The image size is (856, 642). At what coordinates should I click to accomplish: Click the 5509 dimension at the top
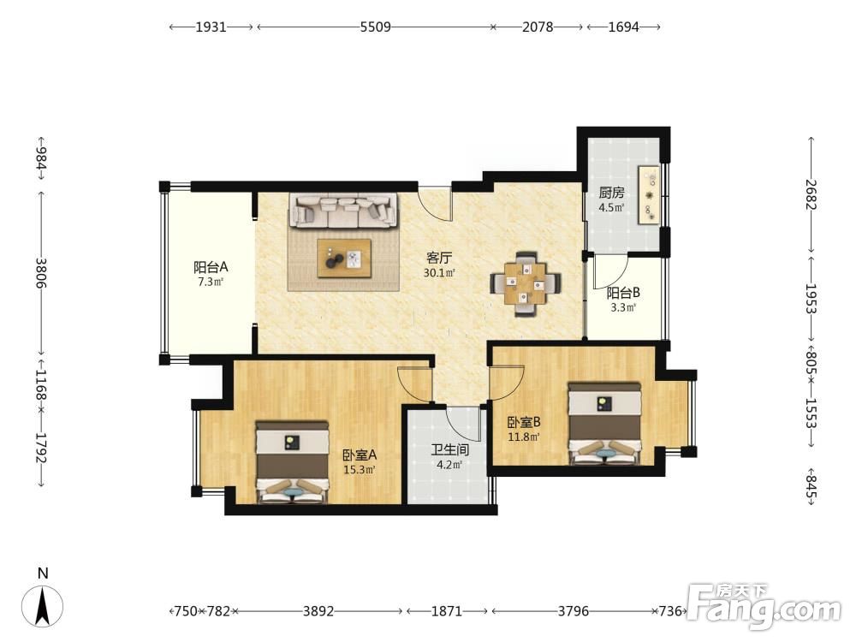[376, 27]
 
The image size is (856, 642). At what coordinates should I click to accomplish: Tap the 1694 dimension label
[623, 27]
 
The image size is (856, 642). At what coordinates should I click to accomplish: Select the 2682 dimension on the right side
[811, 194]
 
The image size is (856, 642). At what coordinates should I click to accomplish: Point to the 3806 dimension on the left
[41, 273]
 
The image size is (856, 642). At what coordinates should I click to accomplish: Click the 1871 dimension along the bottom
[447, 611]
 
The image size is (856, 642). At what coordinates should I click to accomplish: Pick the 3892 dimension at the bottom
[318, 611]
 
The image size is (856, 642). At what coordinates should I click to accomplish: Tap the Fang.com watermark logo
[764, 606]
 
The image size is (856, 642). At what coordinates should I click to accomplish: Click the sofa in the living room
[343, 211]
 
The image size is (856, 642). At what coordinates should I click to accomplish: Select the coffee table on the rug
[344, 258]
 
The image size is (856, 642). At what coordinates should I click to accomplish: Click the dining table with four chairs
[526, 283]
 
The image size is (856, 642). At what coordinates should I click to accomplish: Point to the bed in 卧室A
[293, 461]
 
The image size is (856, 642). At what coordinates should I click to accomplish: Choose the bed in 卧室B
[604, 424]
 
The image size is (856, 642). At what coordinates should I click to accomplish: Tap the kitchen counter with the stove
[650, 194]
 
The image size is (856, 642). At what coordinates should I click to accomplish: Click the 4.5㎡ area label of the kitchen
[611, 207]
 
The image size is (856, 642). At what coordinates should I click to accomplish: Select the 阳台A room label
[211, 267]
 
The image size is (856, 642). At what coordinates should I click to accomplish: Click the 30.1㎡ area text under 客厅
[439, 272]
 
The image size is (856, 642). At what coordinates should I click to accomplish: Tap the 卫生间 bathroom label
[450, 450]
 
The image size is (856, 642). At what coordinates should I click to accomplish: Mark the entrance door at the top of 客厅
[435, 203]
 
